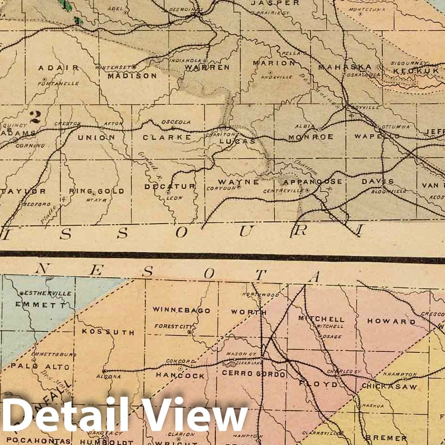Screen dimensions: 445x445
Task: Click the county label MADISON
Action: tap(132, 76)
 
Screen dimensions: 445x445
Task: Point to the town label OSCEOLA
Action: tap(176, 122)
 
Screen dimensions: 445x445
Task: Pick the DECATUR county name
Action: tap(170, 186)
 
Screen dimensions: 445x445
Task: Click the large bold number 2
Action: tap(34, 116)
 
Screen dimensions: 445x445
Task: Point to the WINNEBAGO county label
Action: tap(181, 310)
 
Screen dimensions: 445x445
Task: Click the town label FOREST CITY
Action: tap(172, 326)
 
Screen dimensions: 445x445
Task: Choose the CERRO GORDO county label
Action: tap(254, 374)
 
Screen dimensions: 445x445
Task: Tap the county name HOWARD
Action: tap(391, 322)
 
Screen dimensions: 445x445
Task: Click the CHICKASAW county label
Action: tap(389, 387)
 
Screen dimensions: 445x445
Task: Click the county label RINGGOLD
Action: tap(97, 191)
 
